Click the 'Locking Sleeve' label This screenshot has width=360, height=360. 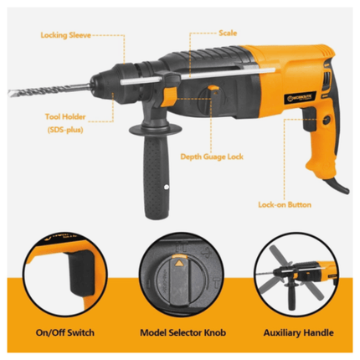click(x=66, y=37)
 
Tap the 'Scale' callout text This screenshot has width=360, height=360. click(x=228, y=33)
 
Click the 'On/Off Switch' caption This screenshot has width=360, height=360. click(x=59, y=333)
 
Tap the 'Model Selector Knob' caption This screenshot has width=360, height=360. click(x=180, y=333)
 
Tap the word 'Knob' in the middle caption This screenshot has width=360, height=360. click(x=215, y=333)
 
